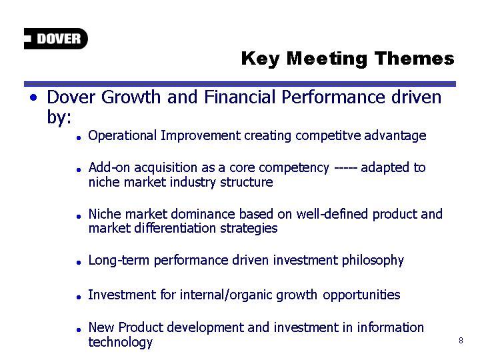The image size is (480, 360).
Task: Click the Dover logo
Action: tap(56, 39)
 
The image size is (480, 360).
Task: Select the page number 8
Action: tap(461, 341)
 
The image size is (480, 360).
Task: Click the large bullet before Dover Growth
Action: tap(34, 97)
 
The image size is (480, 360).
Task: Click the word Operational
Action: tap(123, 135)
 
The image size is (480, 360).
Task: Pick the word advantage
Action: tap(395, 135)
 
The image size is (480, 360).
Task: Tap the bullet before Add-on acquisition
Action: tap(79, 169)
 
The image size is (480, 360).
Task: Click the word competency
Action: tap(294, 168)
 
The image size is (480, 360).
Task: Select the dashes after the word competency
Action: tap(345, 168)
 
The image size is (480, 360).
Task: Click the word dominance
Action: tap(203, 214)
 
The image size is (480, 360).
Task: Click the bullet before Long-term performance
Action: tap(79, 263)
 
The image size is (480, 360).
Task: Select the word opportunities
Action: tap(361, 295)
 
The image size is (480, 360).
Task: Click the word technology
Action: tap(120, 342)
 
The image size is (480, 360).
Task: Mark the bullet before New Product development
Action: tap(79, 330)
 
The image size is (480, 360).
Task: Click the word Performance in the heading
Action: tap(333, 97)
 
